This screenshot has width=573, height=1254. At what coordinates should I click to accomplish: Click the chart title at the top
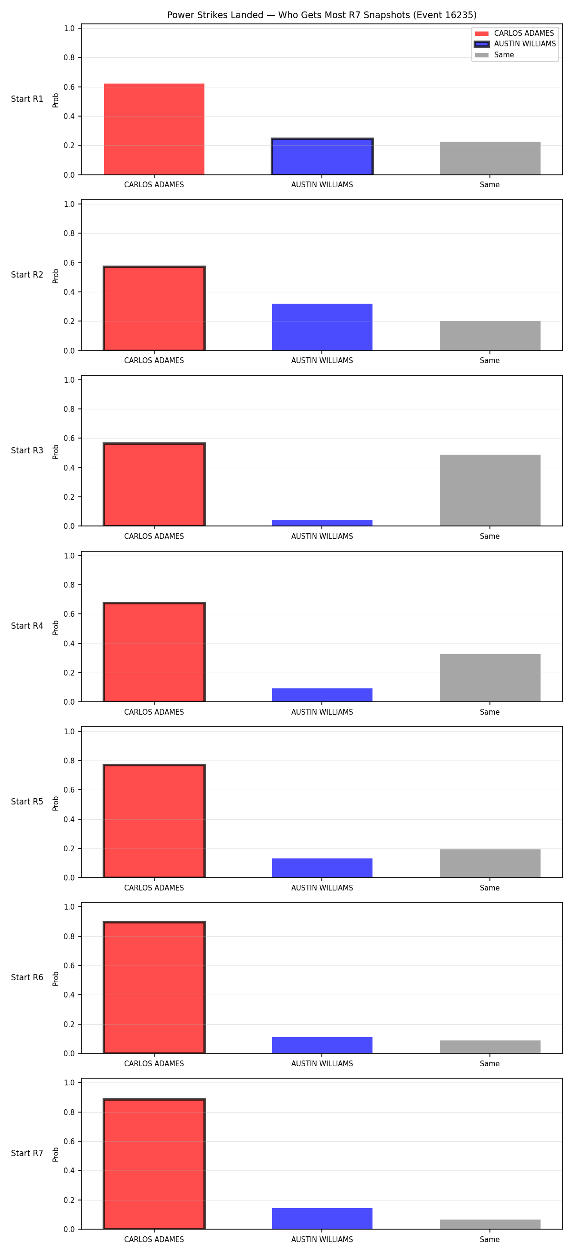click(321, 15)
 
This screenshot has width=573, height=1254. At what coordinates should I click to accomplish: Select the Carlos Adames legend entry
click(514, 33)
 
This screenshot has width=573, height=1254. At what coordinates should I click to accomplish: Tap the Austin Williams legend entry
click(515, 44)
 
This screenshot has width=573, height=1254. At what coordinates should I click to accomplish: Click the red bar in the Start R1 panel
click(154, 129)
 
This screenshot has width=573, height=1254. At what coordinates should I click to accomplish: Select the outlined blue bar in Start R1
click(322, 156)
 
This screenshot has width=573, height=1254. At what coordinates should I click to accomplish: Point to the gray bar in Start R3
click(490, 490)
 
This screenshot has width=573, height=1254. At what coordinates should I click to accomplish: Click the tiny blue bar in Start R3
click(322, 523)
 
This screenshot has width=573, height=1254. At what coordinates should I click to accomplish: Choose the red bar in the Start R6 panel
click(154, 988)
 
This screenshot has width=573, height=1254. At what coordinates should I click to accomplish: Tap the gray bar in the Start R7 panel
click(490, 1224)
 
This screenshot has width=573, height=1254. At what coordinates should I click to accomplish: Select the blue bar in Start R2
click(322, 327)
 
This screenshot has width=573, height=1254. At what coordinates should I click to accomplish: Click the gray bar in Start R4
click(490, 677)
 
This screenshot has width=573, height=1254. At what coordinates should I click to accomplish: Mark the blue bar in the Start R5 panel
click(322, 868)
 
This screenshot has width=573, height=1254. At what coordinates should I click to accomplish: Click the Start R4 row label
click(27, 626)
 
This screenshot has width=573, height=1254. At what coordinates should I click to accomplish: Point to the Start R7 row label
click(27, 1153)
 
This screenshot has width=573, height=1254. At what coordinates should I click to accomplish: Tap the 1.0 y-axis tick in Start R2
click(69, 204)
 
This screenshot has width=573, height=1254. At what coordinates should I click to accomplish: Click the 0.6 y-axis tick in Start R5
click(69, 790)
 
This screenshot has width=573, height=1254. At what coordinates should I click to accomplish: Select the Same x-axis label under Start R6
click(489, 1064)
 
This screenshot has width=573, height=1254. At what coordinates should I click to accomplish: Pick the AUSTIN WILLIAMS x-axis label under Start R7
click(322, 1239)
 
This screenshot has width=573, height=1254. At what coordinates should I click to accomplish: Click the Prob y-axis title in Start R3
click(56, 451)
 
